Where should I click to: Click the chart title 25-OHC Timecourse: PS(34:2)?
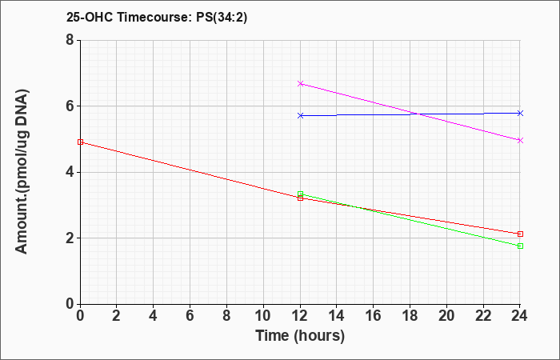click(x=157, y=17)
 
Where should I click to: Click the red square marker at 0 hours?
click(x=80, y=142)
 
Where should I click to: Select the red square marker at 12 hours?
click(x=300, y=198)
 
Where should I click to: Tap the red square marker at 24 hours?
click(x=520, y=234)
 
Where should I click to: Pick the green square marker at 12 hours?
click(x=300, y=194)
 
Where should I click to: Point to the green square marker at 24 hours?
click(x=520, y=246)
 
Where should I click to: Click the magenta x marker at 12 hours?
click(x=300, y=83)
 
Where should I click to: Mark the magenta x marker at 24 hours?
click(x=520, y=140)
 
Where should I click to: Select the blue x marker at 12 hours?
click(x=300, y=116)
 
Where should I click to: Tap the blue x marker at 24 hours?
click(x=520, y=114)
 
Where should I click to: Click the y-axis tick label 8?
click(x=70, y=40)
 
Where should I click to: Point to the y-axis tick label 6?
click(x=70, y=106)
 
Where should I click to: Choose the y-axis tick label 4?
click(x=70, y=172)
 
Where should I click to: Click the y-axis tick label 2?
click(x=70, y=238)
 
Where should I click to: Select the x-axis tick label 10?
click(x=263, y=316)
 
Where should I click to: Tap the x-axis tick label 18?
click(x=410, y=316)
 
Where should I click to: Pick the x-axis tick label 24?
click(x=519, y=316)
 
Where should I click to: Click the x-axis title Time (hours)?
click(x=300, y=336)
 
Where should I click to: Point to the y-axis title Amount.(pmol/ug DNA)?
click(x=22, y=172)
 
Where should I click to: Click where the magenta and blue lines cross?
click(x=417, y=114)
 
